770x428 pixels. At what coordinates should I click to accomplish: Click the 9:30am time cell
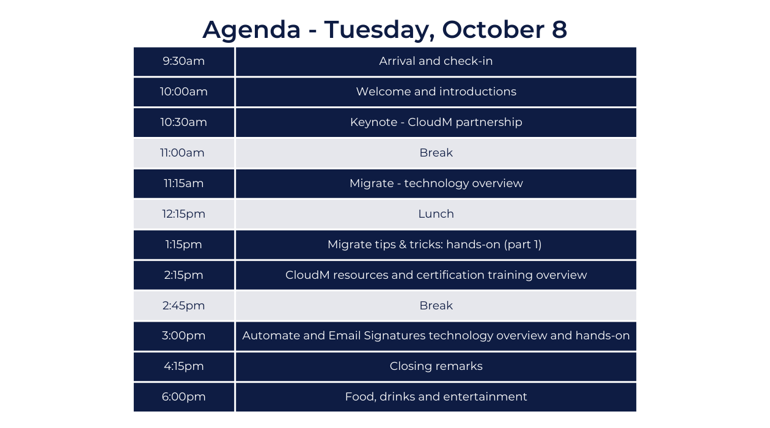pos(183,61)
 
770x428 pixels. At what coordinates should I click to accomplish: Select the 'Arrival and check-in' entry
pos(436,61)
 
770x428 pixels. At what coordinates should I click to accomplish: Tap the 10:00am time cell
pos(183,92)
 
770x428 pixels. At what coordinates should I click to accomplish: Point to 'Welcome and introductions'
pos(436,92)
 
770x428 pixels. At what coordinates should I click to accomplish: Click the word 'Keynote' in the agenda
pos(373,122)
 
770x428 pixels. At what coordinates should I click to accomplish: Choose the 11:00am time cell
pos(183,153)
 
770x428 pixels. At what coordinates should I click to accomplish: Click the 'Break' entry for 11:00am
pos(436,153)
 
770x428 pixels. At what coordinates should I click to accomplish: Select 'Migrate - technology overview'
pos(436,183)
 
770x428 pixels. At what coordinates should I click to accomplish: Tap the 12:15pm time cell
pos(183,215)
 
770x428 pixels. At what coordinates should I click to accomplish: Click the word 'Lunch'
pos(436,214)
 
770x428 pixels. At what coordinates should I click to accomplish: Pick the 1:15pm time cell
pos(183,245)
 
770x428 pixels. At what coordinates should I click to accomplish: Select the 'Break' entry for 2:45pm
pos(436,306)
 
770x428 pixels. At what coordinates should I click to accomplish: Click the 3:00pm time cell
pos(183,336)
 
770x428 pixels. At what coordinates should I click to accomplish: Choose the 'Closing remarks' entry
pos(436,366)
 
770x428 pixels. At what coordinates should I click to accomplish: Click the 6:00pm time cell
pos(183,397)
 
